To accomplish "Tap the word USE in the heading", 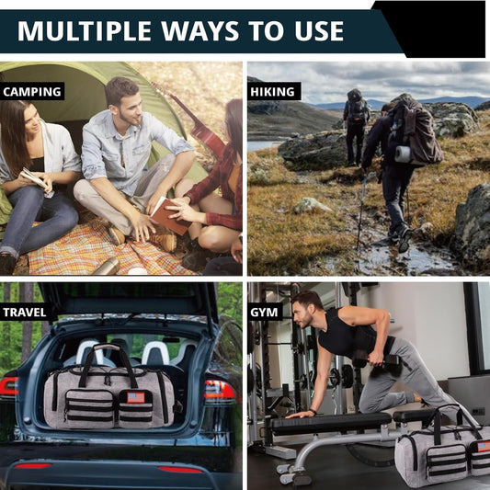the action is coord(319,30).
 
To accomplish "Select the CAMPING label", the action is coord(32,92).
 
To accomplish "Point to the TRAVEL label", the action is coord(25,313).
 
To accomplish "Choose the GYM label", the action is coord(265,313).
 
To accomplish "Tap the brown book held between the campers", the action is coord(169,216).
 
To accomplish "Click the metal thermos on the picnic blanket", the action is coord(107,267).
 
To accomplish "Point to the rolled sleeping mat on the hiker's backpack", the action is coord(403,154).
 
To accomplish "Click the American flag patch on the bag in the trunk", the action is coord(136,397).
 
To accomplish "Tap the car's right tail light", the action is coord(220,390).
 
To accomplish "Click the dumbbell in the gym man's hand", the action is coord(377,362).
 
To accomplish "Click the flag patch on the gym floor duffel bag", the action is coord(484,447).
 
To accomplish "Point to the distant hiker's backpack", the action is coord(357,107).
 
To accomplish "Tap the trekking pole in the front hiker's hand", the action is coord(361,212).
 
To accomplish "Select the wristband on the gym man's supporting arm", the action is coord(313,411).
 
